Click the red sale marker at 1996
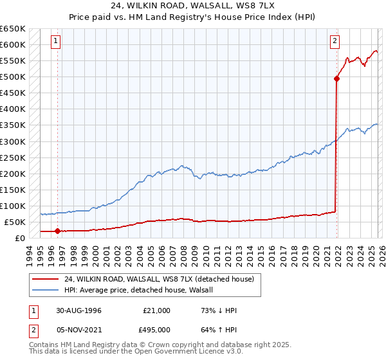click(x=57, y=231)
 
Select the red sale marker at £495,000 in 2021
click(x=336, y=78)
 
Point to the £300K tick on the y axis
click(x=13, y=141)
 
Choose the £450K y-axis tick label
click(x=13, y=93)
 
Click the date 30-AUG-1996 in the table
click(x=78, y=310)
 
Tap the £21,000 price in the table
click(x=156, y=310)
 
